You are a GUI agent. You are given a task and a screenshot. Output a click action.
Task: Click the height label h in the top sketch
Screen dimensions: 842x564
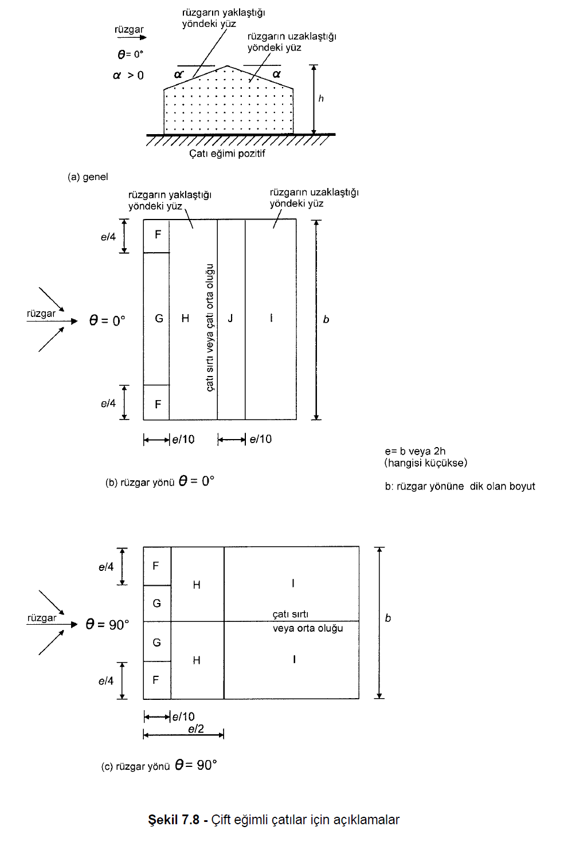point(321,99)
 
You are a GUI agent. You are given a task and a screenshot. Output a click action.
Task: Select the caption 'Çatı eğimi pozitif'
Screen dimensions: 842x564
point(227,154)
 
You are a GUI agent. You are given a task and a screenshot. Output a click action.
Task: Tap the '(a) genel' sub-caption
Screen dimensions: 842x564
point(88,177)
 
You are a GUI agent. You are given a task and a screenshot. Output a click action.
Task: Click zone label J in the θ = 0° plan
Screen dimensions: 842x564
point(230,318)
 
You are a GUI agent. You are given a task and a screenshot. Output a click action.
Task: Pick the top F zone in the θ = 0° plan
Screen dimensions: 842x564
point(158,234)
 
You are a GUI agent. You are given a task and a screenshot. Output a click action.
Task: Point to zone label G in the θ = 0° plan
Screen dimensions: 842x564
point(159,318)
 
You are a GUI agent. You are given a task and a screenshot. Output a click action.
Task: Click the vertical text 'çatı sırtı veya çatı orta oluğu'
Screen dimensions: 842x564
point(210,328)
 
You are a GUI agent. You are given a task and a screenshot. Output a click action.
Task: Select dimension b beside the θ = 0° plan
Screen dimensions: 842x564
point(326,319)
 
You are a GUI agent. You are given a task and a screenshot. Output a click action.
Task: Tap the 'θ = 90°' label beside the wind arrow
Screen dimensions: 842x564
point(107,624)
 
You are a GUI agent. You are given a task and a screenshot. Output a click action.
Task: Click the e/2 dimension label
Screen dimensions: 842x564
point(196,729)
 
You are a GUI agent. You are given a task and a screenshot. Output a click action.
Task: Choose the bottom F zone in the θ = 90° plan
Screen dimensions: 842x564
point(156,680)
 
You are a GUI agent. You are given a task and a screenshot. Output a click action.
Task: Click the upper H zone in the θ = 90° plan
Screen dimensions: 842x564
point(197,585)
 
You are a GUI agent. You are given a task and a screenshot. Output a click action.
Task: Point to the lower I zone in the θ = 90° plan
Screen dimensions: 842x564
point(294,660)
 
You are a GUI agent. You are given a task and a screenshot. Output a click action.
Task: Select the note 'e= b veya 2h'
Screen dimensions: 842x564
point(415,451)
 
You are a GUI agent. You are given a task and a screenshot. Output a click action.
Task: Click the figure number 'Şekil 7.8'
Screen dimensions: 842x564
point(173,820)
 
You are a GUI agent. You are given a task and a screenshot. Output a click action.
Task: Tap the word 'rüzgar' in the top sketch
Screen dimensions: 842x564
point(129,29)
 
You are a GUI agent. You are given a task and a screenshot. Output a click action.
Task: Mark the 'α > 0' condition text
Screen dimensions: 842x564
point(128,75)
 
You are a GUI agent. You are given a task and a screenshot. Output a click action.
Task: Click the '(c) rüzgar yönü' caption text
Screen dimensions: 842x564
point(136,766)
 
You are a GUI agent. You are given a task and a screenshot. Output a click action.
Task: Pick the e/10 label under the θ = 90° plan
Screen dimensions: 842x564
point(183,716)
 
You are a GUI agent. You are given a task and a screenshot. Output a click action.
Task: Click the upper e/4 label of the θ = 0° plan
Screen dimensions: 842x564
point(108,237)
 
